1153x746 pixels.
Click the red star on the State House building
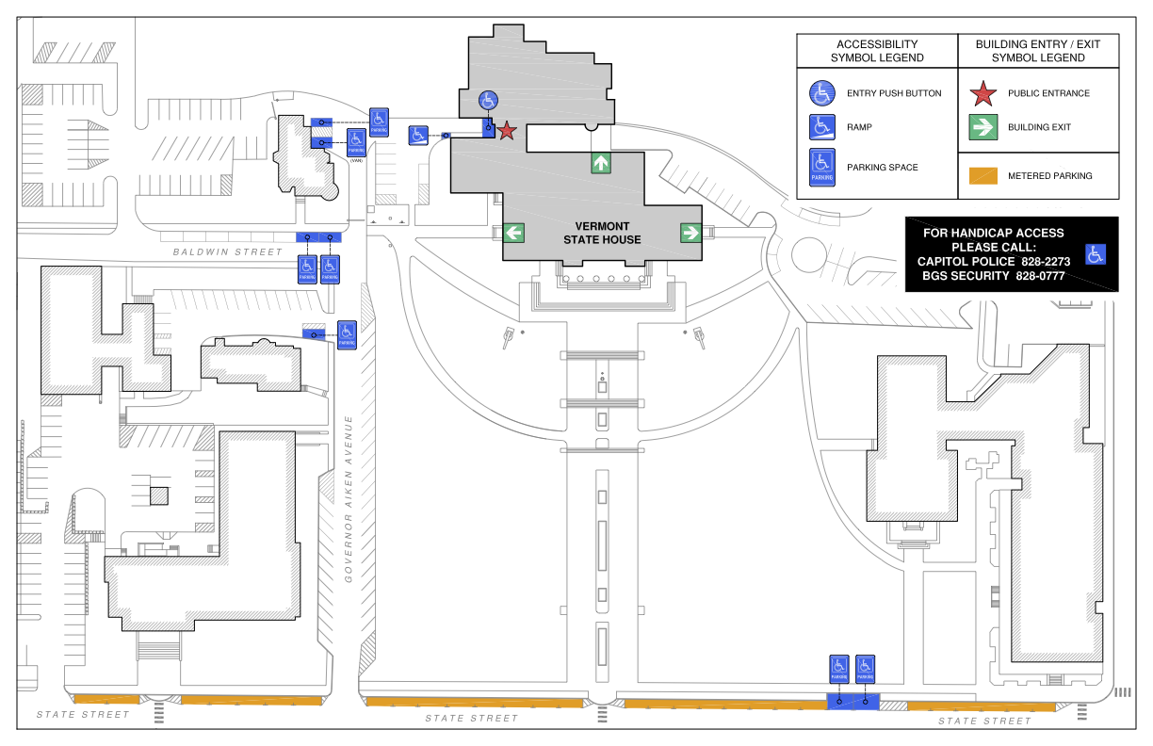point(507,131)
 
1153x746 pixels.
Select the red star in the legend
point(983,93)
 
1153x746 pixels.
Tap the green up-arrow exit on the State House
point(601,163)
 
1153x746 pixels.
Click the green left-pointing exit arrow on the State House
point(513,232)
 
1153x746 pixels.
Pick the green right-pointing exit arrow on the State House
point(690,232)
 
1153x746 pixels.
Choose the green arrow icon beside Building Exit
point(983,127)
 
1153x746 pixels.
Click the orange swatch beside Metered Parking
point(983,175)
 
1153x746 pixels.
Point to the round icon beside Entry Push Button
point(822,93)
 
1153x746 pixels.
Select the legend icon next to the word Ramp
point(822,127)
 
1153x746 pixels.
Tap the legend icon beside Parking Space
point(822,167)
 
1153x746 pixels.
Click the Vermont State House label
point(602,233)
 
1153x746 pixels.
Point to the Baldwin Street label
point(227,251)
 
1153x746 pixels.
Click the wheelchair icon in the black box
point(1095,253)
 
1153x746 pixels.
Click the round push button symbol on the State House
point(487,100)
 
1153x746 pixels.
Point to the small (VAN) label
point(356,161)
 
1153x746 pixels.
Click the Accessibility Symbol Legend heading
point(877,51)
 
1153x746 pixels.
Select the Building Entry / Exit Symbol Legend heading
point(1038,51)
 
